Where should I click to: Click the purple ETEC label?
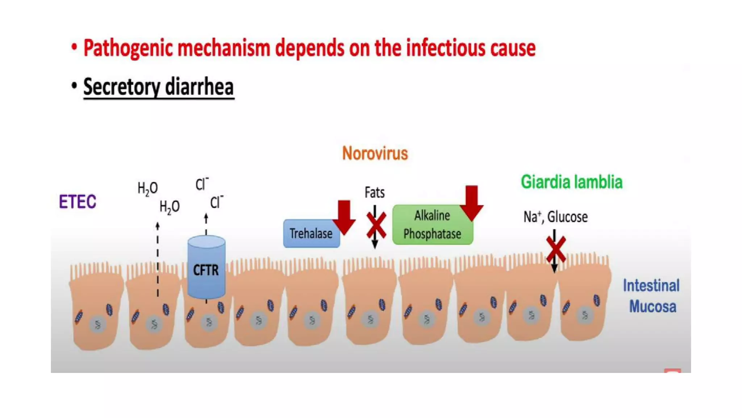point(78,202)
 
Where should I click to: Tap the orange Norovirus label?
point(375,153)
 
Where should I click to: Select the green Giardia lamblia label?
point(571,182)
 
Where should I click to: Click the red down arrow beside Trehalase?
point(344,217)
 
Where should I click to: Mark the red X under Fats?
point(376,226)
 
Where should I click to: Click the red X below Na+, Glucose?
point(555,249)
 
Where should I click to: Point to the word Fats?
point(375,193)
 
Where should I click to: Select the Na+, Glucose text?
point(555,217)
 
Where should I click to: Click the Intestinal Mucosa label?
point(651,296)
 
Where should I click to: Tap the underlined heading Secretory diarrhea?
point(158,87)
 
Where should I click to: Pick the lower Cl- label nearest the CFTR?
point(217,202)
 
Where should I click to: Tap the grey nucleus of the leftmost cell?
point(98,324)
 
